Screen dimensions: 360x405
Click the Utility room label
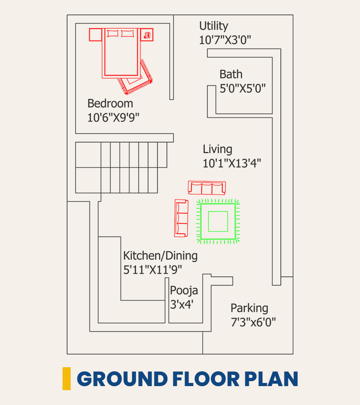(x=214, y=27)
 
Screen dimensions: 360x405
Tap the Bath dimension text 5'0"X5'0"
(x=243, y=88)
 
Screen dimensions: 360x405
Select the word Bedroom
(x=110, y=103)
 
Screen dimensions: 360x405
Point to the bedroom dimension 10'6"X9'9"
(x=113, y=117)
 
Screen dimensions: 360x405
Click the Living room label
(x=217, y=149)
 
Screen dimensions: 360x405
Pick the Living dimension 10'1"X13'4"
(x=232, y=163)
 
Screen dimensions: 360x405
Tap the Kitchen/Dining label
(x=160, y=256)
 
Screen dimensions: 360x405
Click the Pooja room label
(x=184, y=291)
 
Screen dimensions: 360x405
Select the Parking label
(x=249, y=308)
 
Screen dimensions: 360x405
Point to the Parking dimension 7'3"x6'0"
(x=253, y=322)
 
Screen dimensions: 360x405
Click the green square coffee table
(x=218, y=221)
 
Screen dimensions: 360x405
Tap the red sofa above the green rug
(x=207, y=188)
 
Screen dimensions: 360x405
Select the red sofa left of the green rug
(x=181, y=218)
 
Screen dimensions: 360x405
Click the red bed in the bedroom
(x=121, y=53)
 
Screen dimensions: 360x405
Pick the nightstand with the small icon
(x=147, y=35)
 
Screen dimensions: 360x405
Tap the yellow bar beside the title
(x=67, y=378)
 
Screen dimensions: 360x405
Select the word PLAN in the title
(x=271, y=379)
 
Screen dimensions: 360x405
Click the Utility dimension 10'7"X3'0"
(x=225, y=40)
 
